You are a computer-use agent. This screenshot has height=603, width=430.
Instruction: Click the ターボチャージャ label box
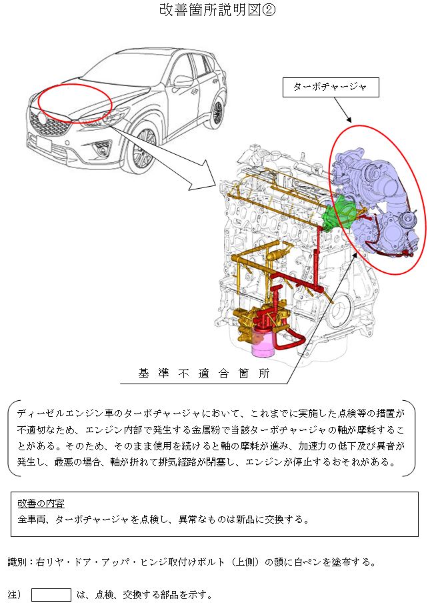click(331, 87)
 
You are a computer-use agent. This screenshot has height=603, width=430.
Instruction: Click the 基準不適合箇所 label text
click(204, 374)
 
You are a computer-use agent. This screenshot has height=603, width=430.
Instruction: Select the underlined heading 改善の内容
click(41, 502)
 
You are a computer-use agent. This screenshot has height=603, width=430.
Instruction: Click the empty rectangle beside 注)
click(51, 594)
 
